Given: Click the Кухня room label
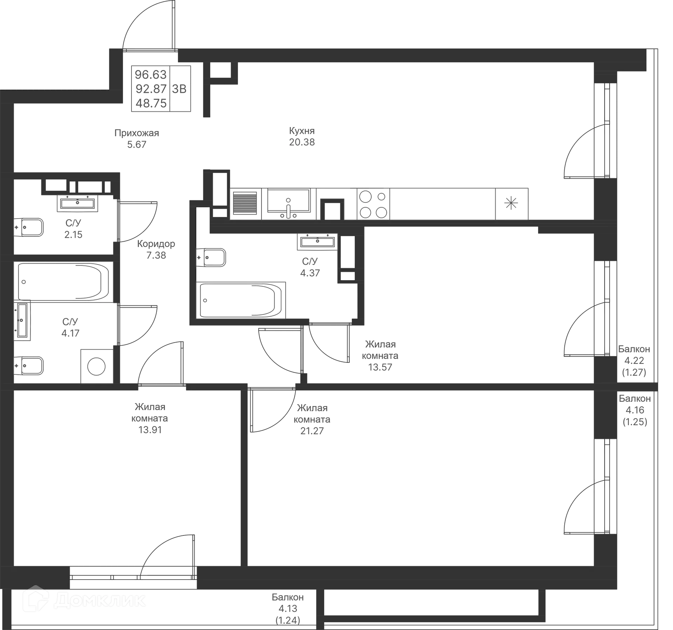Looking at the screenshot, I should pyautogui.click(x=302, y=131).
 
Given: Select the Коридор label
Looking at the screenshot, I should pyautogui.click(x=156, y=244).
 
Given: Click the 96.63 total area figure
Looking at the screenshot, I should pyautogui.click(x=151, y=75).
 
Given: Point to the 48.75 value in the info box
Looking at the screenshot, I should pyautogui.click(x=151, y=104).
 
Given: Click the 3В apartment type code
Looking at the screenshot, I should pyautogui.click(x=180, y=89).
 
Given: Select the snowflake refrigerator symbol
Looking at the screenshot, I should pyautogui.click(x=511, y=203).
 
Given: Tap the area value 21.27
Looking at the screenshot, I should pyautogui.click(x=312, y=430).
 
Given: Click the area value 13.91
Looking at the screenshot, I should pyautogui.click(x=150, y=429).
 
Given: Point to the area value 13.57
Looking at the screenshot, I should pyautogui.click(x=381, y=367).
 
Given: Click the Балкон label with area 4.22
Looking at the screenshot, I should pyautogui.click(x=634, y=349).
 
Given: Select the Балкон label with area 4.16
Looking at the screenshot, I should pyautogui.click(x=635, y=399).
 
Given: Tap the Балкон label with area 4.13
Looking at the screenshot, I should pyautogui.click(x=288, y=597).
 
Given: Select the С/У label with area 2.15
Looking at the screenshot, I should pyautogui.click(x=73, y=223).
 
